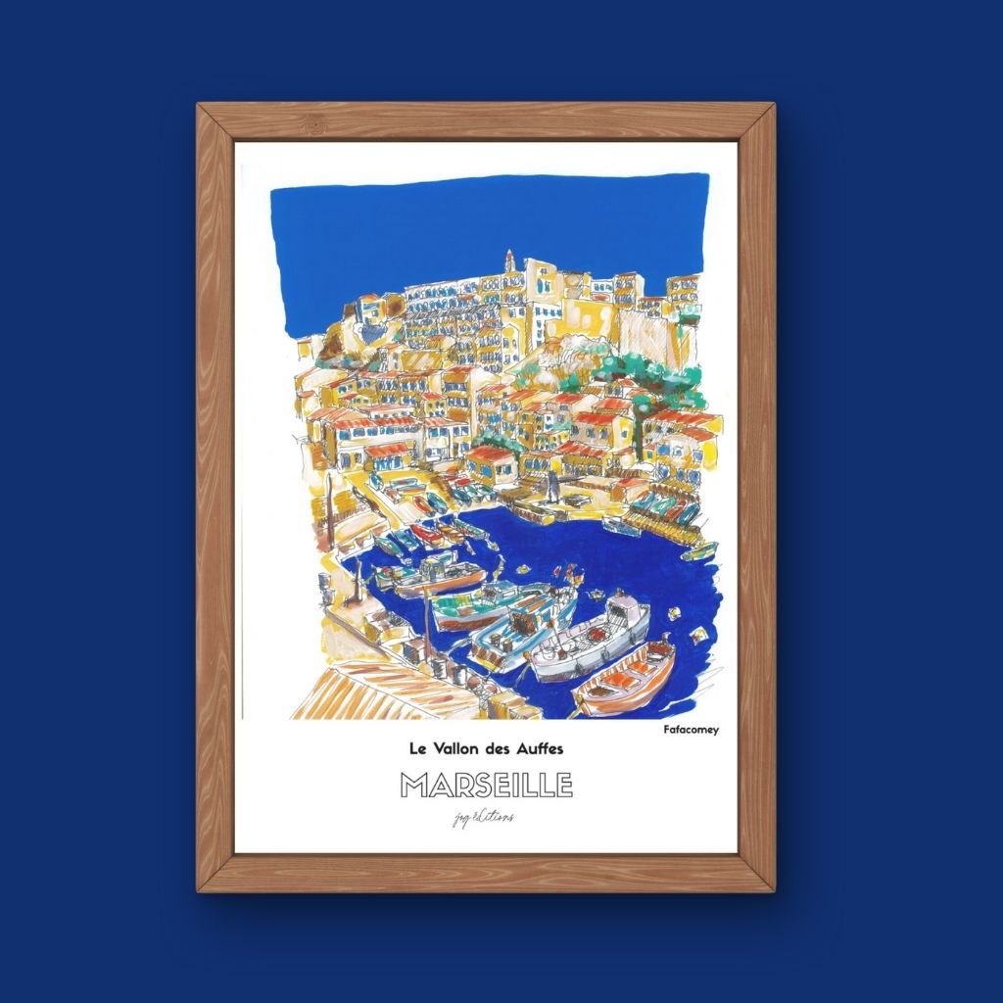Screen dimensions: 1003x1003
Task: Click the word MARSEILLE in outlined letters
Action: (x=487, y=786)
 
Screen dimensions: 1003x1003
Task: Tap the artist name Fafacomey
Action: (x=691, y=729)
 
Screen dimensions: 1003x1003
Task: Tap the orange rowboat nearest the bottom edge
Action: (x=624, y=678)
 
